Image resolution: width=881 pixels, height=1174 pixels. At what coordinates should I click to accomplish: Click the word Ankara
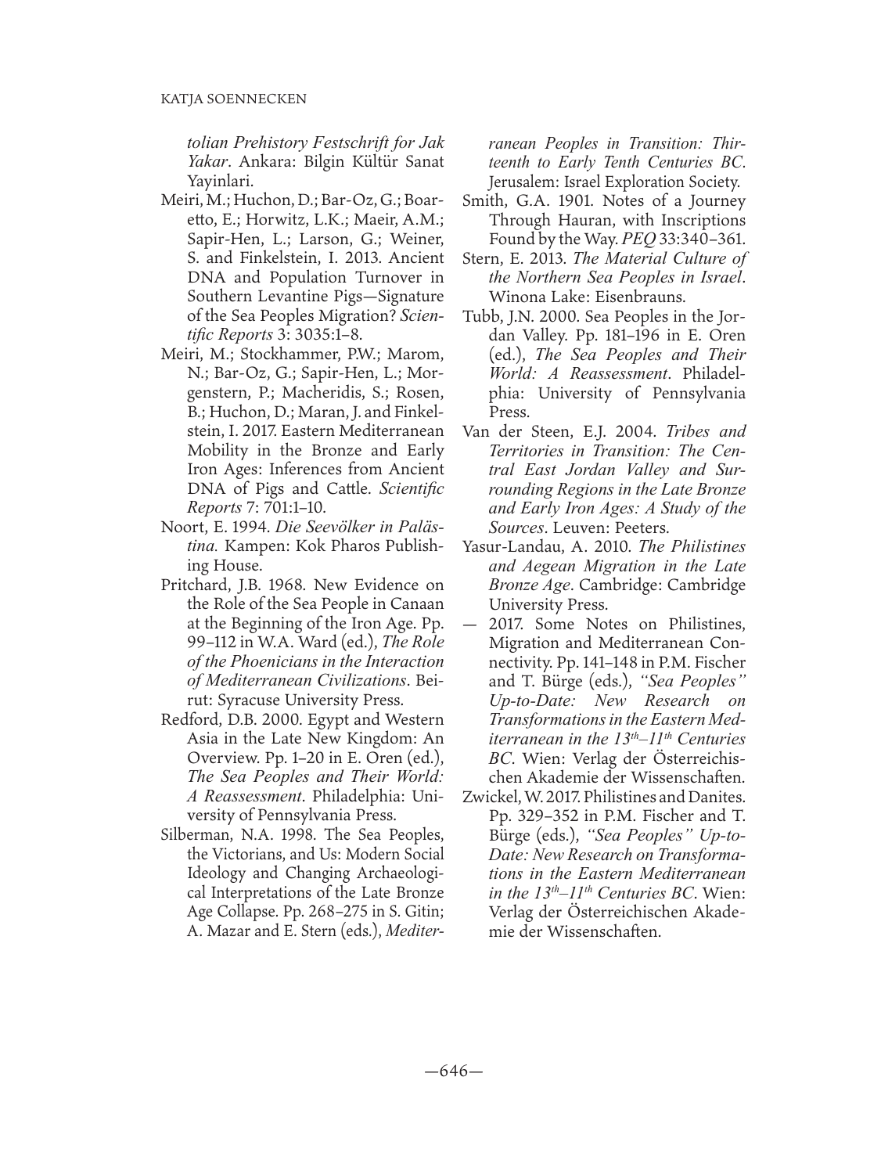tap(261, 163)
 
